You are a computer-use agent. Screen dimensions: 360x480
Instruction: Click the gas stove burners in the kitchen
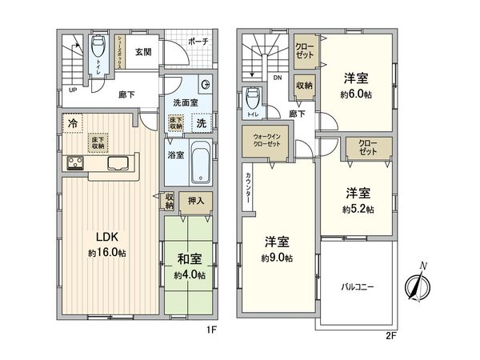click(77, 164)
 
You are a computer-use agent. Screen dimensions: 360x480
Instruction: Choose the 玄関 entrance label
click(143, 53)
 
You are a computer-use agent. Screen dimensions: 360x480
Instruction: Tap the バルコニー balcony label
click(358, 286)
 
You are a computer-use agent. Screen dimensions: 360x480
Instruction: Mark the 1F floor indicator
click(212, 328)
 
